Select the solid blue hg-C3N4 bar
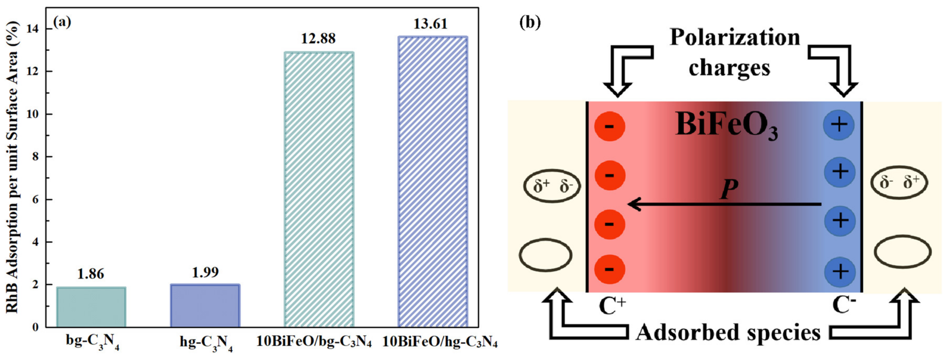205,306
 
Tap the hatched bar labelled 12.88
319,190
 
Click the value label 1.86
91,274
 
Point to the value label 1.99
205,272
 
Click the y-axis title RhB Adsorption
13,167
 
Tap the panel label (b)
530,22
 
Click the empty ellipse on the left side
546,255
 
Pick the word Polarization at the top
735,38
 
